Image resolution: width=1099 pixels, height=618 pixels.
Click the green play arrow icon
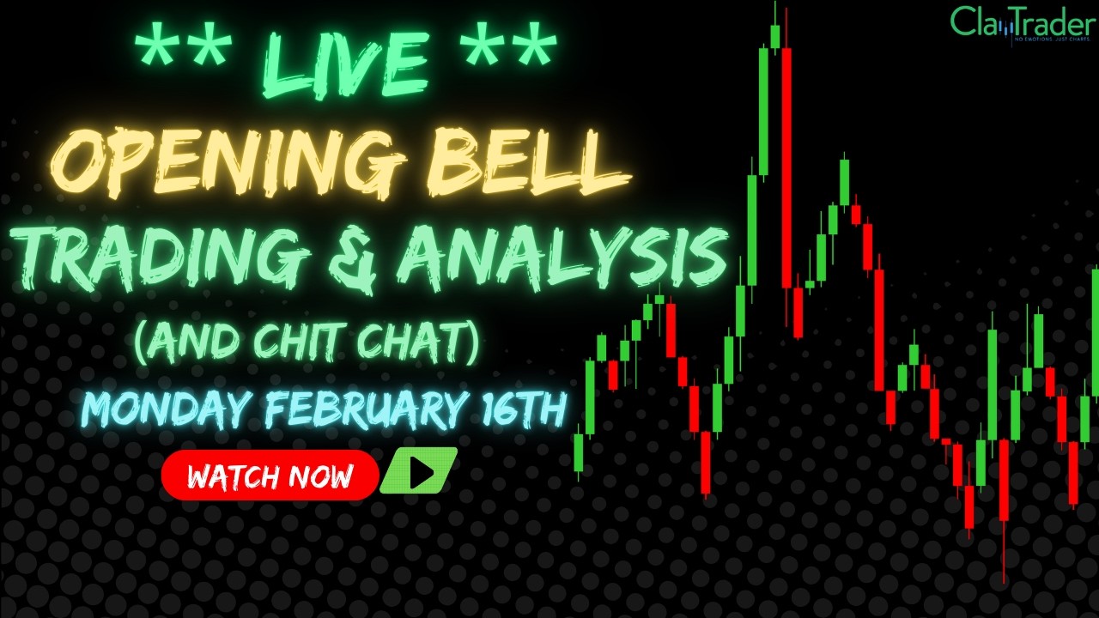[x=420, y=472]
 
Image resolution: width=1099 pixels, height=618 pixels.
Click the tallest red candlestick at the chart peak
[x=786, y=167]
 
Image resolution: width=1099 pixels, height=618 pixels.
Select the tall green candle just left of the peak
[x=763, y=112]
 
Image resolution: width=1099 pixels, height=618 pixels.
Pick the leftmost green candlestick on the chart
[x=579, y=452]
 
